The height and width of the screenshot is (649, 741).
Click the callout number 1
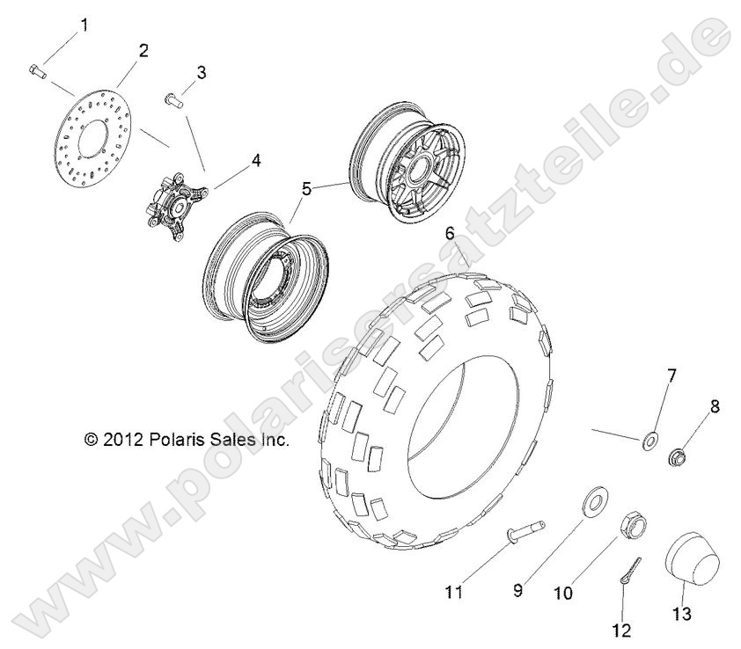(84, 25)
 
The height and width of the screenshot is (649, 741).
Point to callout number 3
(202, 72)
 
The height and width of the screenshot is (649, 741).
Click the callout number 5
(282, 187)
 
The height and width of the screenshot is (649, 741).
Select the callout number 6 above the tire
(449, 234)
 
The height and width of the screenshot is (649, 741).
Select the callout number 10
(562, 594)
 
